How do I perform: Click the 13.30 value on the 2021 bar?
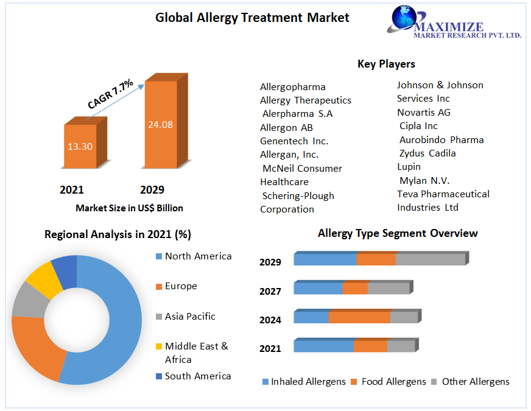click(80, 147)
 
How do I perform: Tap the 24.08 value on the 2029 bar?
click(160, 125)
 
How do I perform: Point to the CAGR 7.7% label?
click(110, 94)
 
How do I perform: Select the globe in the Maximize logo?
click(404, 17)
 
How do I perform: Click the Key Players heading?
click(386, 64)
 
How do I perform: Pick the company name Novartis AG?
click(424, 113)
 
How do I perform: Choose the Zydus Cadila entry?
click(427, 153)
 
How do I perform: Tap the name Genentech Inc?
click(294, 141)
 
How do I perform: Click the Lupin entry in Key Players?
click(409, 167)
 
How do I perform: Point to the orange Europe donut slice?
click(37, 345)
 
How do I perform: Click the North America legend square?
click(159, 256)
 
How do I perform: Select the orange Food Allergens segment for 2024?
click(359, 317)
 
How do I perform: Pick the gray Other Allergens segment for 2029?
click(430, 259)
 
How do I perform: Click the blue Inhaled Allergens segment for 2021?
click(324, 346)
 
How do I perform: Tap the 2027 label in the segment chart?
click(270, 292)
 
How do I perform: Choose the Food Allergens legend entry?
click(389, 382)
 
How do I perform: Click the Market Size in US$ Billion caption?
click(129, 208)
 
